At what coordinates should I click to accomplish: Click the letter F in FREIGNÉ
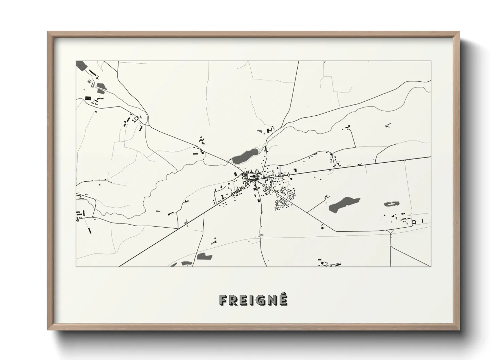[223, 300]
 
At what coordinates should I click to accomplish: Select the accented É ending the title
[283, 299]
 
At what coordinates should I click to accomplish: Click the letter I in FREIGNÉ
[250, 300]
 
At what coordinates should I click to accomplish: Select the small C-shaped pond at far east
[392, 204]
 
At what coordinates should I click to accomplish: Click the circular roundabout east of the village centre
[289, 175]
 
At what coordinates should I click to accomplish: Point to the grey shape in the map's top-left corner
[82, 65]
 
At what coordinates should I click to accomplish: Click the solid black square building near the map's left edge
[88, 98]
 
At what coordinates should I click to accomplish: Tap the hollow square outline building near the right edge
[414, 222]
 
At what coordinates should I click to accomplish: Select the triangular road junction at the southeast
[391, 233]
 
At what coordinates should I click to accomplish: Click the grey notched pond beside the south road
[204, 256]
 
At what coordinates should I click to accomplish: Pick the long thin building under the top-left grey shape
[92, 72]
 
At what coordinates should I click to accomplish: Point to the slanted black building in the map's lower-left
[90, 230]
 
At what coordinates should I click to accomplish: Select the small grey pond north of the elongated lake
[260, 131]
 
